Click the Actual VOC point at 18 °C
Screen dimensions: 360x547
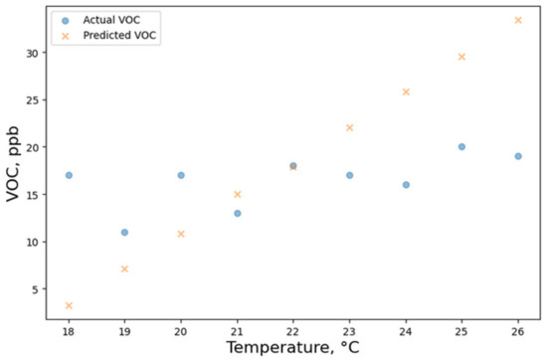pos(69,175)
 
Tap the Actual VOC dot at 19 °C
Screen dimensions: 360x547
pos(124,232)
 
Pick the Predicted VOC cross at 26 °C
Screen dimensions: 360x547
pos(518,20)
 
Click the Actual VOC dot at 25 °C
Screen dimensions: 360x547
pos(461,146)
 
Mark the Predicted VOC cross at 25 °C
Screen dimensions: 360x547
pos(461,57)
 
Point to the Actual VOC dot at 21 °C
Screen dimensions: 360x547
pos(237,213)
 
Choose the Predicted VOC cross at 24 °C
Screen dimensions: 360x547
pos(406,91)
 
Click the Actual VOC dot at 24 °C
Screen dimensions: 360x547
pos(406,185)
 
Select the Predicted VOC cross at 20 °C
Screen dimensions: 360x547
pos(181,234)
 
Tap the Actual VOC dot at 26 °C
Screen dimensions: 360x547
pos(518,156)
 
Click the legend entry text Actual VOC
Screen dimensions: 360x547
pos(111,20)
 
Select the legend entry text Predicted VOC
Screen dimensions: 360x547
pos(119,36)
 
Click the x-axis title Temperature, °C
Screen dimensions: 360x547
pos(293,348)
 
